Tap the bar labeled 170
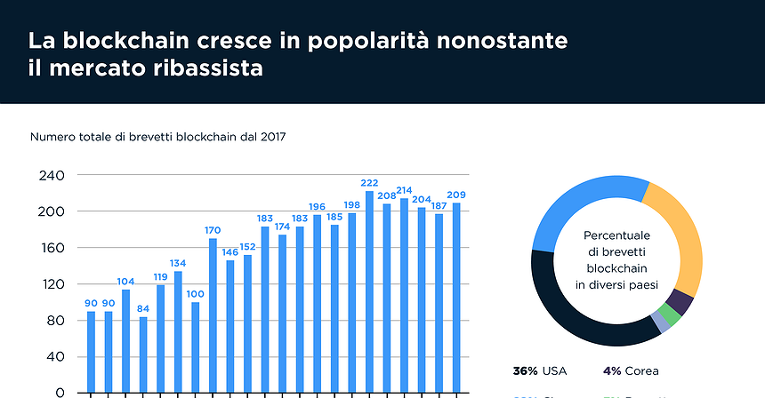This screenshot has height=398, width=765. tap(213, 315)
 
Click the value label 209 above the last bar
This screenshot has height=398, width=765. tap(456, 195)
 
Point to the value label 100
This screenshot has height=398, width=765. tap(195, 294)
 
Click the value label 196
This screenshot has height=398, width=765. tap(317, 206)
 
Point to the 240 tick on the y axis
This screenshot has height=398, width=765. tap(52, 176)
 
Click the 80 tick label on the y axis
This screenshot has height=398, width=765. tap(56, 321)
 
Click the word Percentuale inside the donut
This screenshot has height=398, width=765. tap(616, 236)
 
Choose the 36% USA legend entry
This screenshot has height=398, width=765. tap(539, 370)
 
